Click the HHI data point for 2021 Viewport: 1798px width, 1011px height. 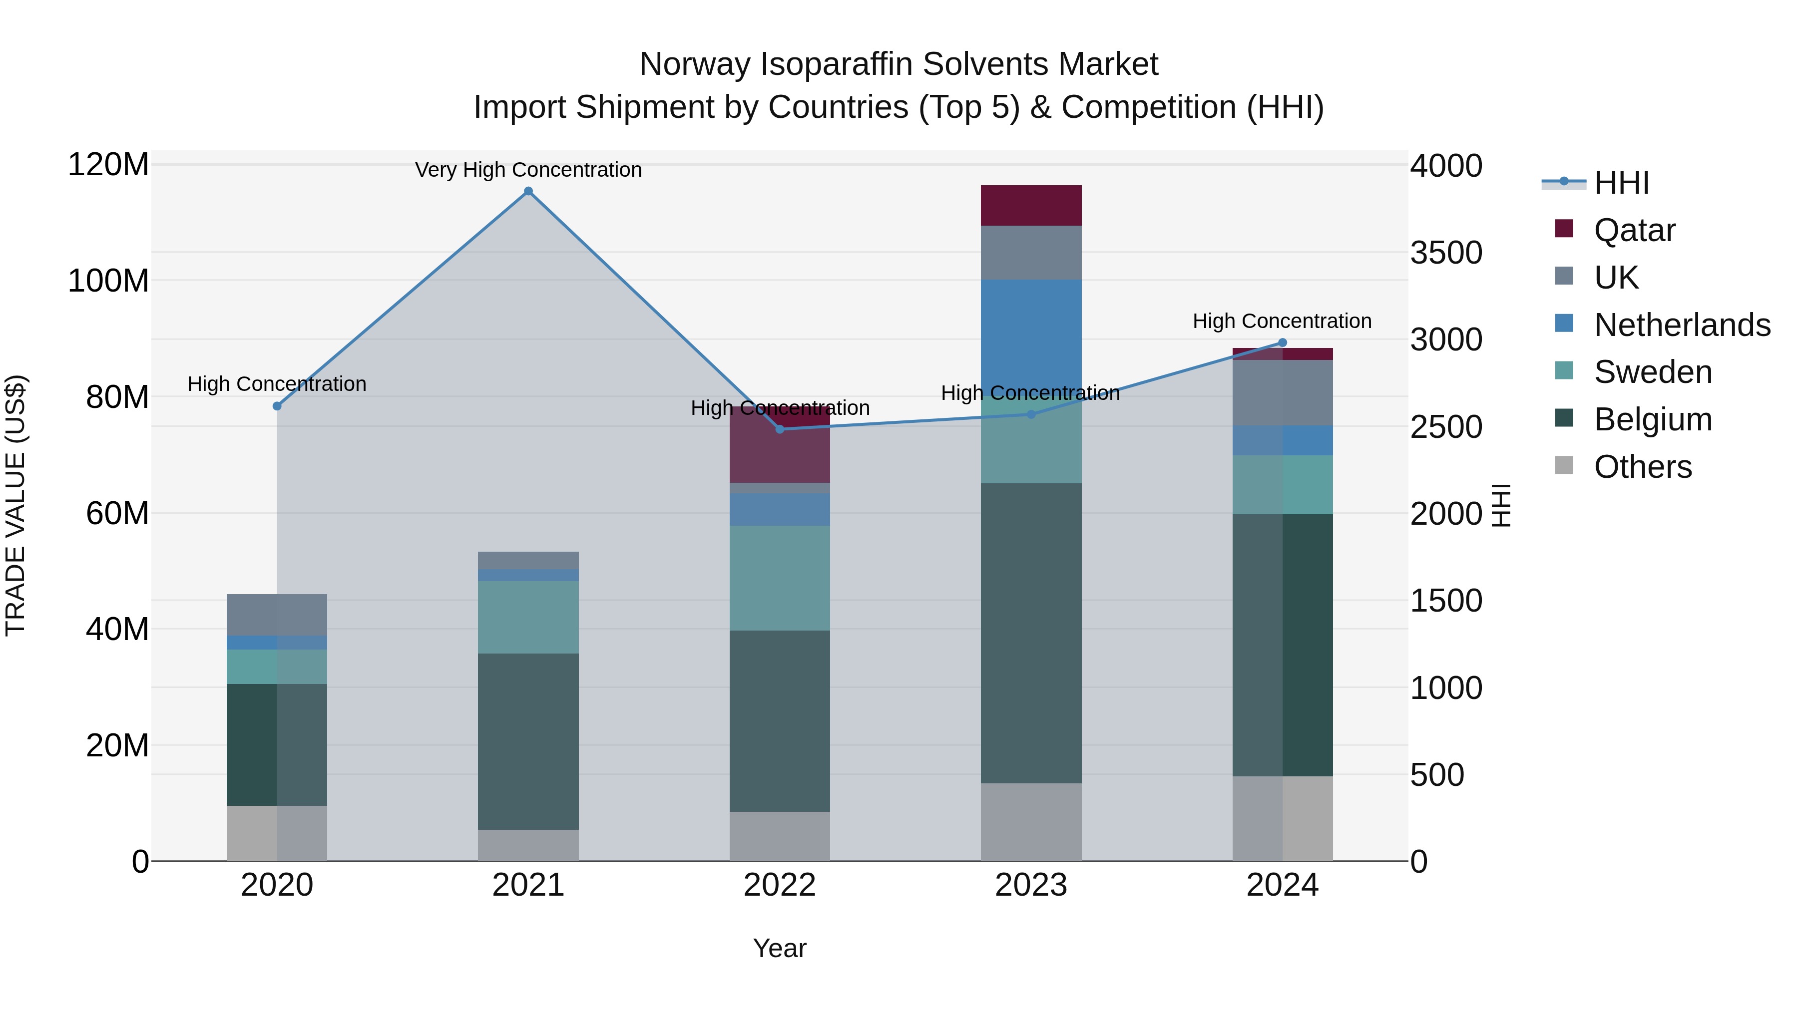click(x=528, y=191)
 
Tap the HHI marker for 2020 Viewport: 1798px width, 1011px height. click(x=277, y=406)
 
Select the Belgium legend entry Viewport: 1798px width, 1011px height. click(x=1652, y=419)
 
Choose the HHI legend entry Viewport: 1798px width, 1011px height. click(x=1621, y=183)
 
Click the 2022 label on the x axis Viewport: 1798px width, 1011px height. click(x=780, y=885)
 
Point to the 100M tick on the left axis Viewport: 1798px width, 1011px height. click(x=108, y=281)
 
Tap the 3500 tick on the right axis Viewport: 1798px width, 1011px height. click(x=1445, y=253)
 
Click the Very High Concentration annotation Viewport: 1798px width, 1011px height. click(x=528, y=170)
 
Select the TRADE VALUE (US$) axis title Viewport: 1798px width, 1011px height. click(x=15, y=505)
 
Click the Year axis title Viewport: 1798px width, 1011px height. click(x=780, y=948)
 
